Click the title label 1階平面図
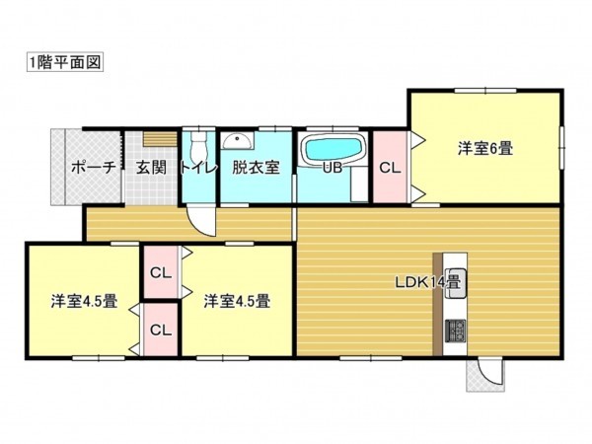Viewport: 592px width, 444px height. coord(65,61)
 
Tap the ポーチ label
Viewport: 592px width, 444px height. coord(93,168)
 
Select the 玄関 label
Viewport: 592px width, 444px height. coord(151,168)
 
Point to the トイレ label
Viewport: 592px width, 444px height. coord(198,168)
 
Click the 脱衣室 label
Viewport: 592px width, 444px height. coord(255,168)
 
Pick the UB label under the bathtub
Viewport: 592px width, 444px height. coord(333,168)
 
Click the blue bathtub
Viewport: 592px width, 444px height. coord(333,150)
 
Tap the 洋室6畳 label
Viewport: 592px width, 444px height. coord(483,149)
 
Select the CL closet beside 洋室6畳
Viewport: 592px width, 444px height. coord(390,168)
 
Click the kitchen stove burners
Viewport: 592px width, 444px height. coord(455,333)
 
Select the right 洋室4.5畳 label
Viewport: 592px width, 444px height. coord(238,301)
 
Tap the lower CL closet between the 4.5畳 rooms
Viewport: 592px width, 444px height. coord(159,330)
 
